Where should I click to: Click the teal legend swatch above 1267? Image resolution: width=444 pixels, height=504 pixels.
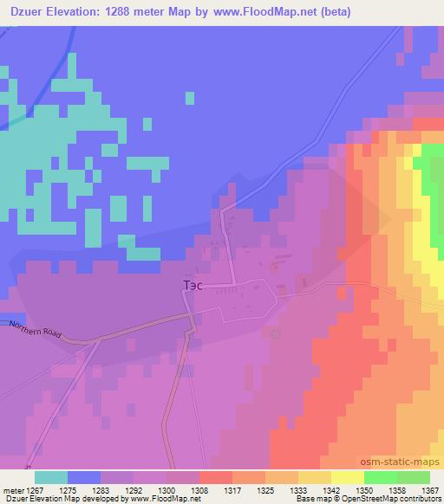[x=51, y=477]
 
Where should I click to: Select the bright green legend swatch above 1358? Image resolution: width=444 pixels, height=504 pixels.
[x=381, y=477]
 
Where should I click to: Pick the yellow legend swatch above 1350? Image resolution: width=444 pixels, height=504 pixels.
[x=348, y=477]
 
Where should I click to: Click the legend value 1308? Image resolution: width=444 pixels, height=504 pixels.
[x=199, y=489]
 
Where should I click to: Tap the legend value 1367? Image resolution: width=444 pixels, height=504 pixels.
[x=430, y=489]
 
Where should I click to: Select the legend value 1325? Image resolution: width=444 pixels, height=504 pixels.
[x=265, y=489]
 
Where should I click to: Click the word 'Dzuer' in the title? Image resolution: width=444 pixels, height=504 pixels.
[x=26, y=12]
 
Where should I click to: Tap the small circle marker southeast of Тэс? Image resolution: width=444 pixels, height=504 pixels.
[x=276, y=333]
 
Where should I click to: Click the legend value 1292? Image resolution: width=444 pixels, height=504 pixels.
[x=134, y=489]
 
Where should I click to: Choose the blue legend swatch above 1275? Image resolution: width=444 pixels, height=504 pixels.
[x=84, y=477]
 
